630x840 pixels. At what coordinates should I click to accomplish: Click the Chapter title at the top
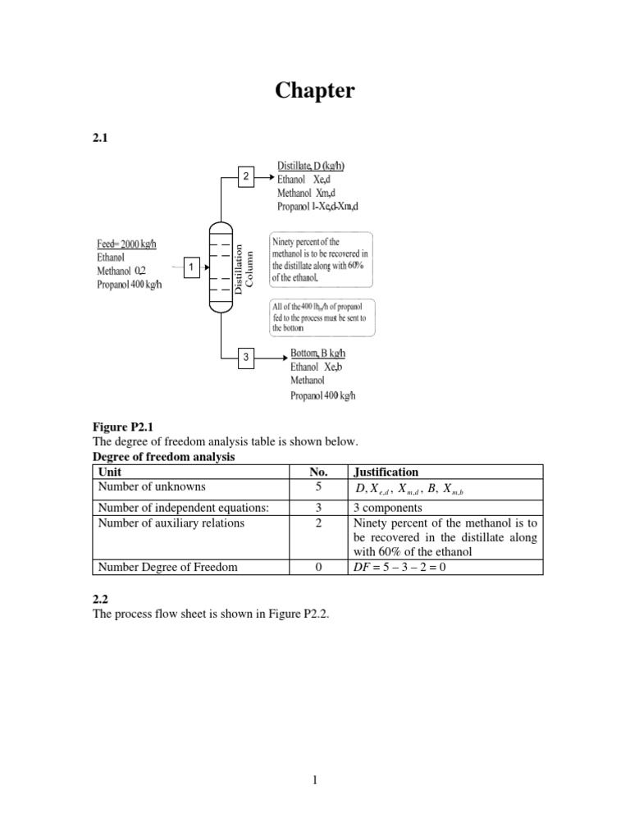315,90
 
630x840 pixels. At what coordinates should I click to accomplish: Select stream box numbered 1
190,267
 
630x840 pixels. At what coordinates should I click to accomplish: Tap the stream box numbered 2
244,176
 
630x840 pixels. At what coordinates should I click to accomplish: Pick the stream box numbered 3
244,358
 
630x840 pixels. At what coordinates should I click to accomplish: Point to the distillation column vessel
218,267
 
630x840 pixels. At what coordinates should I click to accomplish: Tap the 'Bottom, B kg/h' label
317,354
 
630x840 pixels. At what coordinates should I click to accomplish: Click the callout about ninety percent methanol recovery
321,258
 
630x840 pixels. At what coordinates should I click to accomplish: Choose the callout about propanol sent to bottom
322,317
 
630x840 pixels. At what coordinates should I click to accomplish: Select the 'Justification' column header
385,472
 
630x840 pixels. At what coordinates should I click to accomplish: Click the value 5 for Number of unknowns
318,487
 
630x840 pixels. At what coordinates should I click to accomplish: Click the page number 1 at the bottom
315,780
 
